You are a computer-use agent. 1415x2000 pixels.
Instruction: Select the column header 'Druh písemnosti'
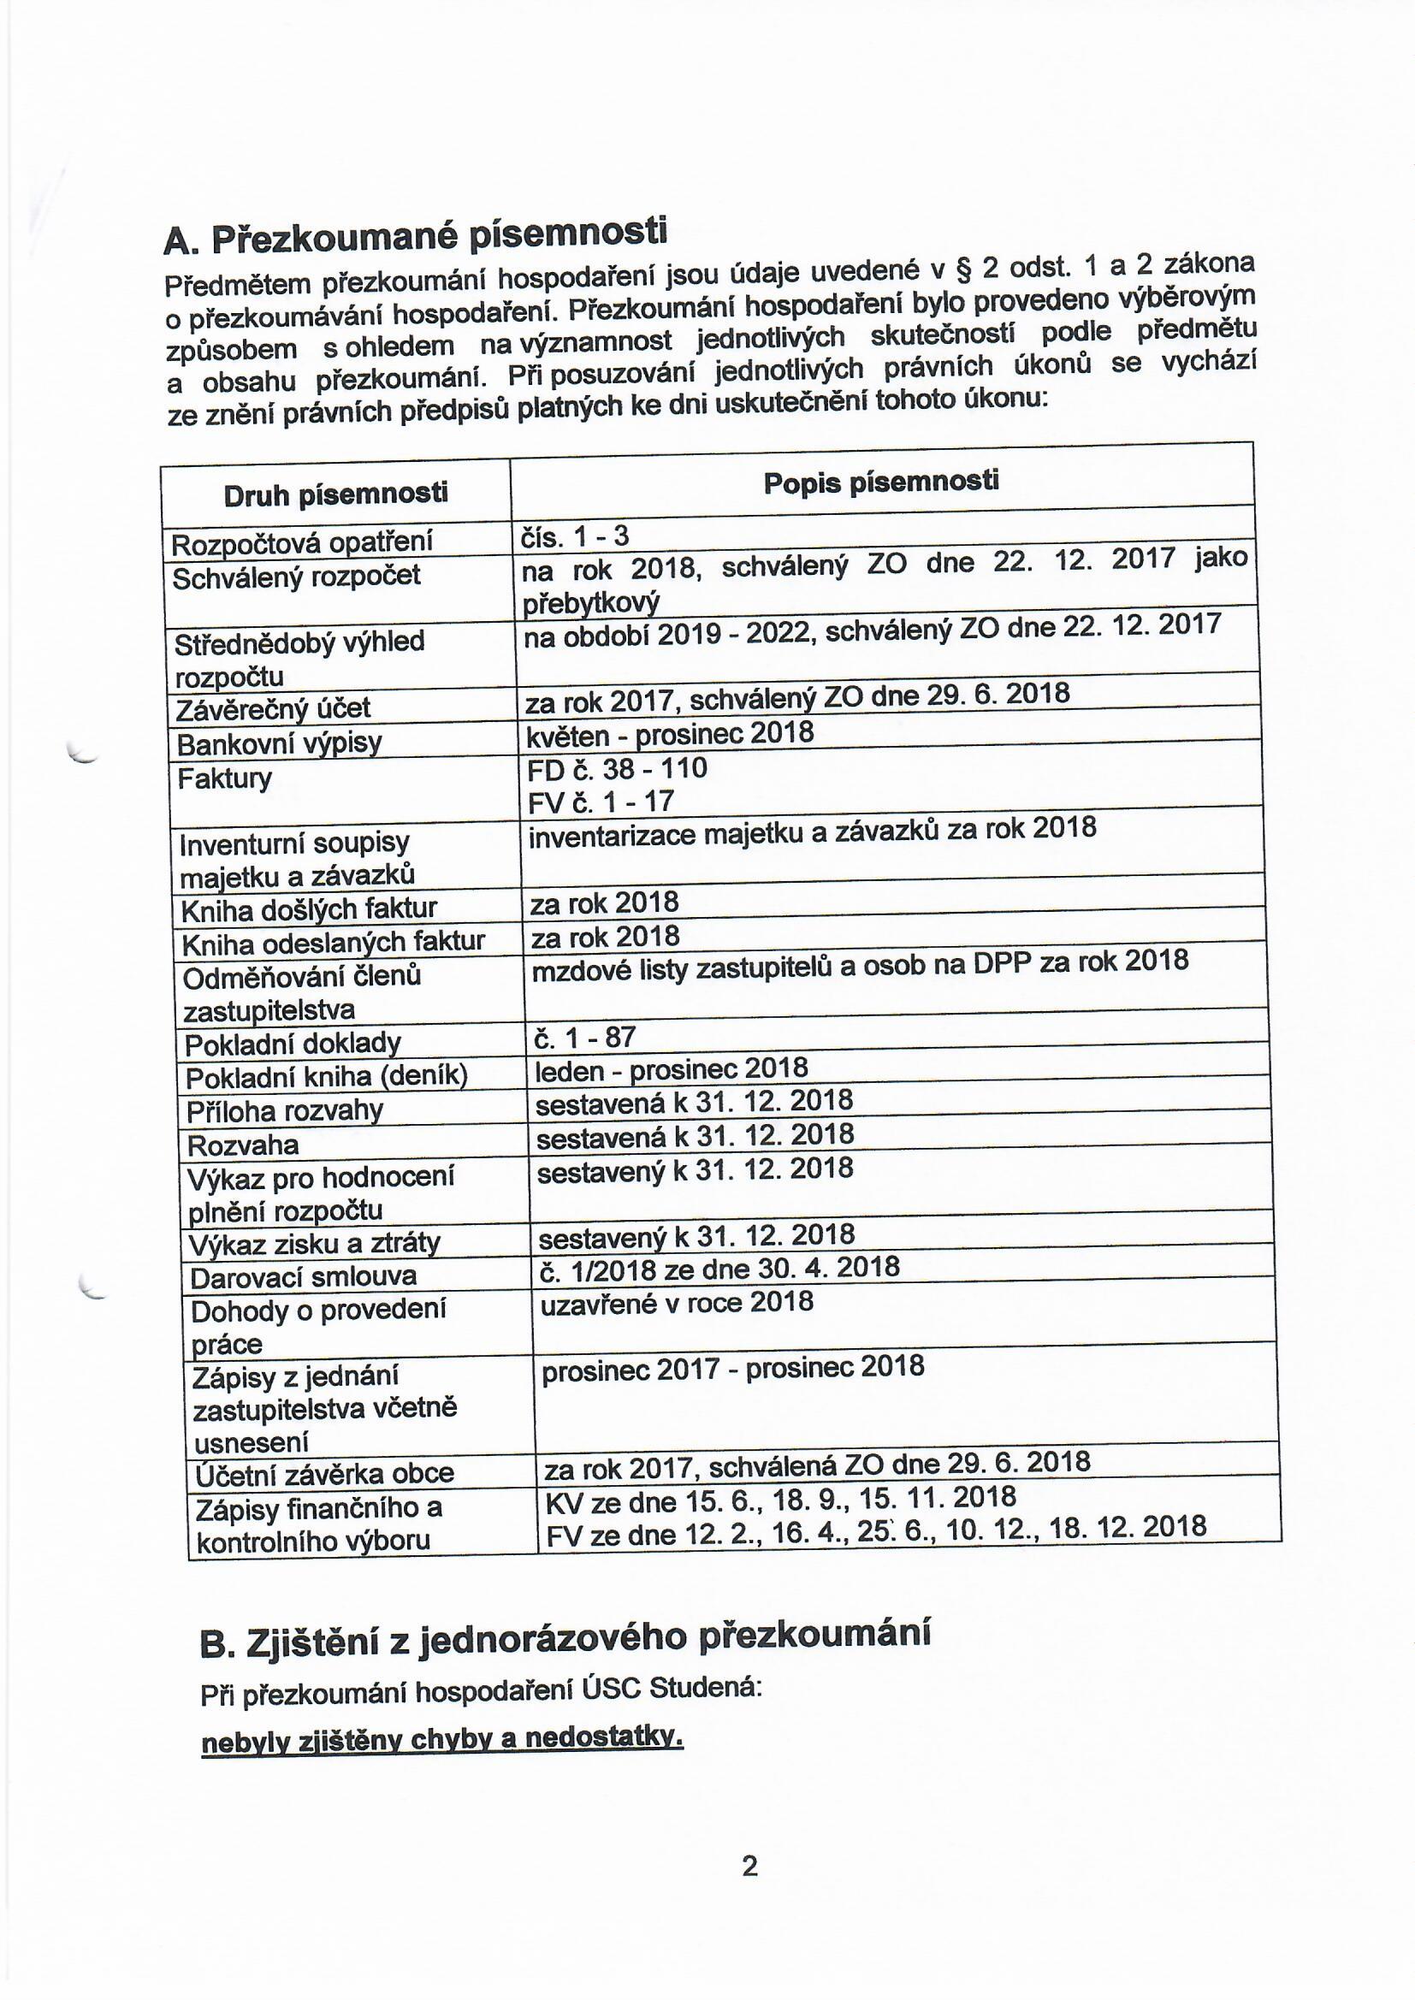coord(335,495)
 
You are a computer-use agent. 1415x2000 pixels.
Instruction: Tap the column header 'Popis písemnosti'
coord(881,482)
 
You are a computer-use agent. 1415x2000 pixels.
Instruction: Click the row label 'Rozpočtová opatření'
coord(301,543)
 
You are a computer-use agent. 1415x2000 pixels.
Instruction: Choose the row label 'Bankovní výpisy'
coord(279,744)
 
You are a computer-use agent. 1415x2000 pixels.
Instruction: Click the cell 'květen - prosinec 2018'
coord(669,734)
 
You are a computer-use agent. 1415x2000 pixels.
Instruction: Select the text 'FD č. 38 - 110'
coord(617,768)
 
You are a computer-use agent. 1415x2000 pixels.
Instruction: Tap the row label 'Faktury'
coord(225,778)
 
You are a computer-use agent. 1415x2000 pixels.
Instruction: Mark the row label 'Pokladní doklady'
coord(292,1043)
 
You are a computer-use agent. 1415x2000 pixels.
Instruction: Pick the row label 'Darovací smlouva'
coord(303,1277)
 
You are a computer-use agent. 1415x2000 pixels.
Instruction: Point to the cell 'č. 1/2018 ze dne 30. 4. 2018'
coord(719,1268)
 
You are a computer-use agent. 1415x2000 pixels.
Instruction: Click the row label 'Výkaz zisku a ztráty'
coord(315,1243)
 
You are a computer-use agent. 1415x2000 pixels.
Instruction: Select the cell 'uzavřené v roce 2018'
coord(677,1302)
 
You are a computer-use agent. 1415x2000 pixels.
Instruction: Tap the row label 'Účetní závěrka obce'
coord(324,1473)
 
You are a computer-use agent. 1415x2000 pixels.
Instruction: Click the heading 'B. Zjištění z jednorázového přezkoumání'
coord(565,1638)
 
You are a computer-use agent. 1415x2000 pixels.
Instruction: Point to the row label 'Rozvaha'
coord(243,1144)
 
